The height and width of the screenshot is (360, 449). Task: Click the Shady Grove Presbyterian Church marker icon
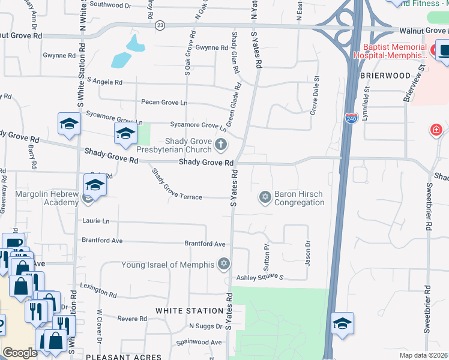click(x=221, y=144)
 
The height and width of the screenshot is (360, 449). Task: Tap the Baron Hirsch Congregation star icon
click(x=265, y=197)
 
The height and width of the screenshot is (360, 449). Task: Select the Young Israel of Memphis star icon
click(x=224, y=264)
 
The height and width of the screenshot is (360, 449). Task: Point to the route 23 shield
click(x=160, y=25)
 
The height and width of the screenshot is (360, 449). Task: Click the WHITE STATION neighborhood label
click(x=189, y=311)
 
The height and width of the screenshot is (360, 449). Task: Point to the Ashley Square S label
click(x=259, y=277)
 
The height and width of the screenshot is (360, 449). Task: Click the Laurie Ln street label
click(x=96, y=221)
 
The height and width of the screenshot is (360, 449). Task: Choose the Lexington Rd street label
click(x=98, y=290)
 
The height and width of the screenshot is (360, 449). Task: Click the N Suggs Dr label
click(x=206, y=326)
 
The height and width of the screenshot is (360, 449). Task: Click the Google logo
click(x=20, y=353)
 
